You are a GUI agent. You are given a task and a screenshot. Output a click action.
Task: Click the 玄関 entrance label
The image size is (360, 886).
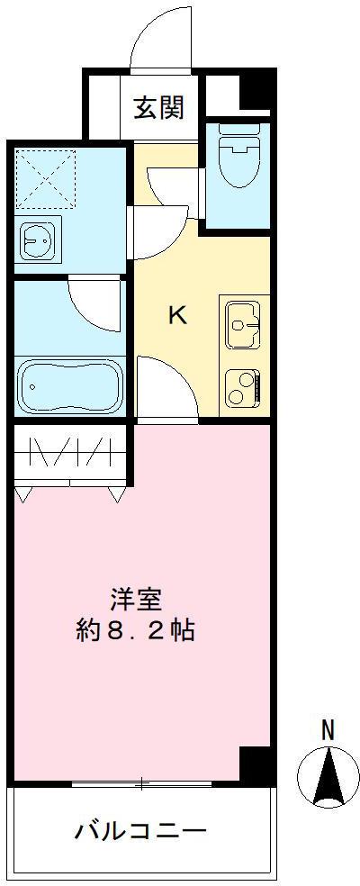(160, 107)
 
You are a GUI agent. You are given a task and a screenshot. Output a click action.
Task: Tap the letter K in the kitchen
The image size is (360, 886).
(177, 315)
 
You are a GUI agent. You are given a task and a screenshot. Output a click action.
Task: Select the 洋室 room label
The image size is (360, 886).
(136, 598)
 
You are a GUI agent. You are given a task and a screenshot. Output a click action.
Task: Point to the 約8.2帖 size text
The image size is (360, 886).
(136, 629)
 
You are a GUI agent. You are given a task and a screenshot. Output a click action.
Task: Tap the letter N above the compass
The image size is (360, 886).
(329, 730)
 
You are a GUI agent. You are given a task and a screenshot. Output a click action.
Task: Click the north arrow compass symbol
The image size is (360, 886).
(329, 776)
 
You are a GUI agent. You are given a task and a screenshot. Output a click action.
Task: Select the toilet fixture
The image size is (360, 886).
(238, 158)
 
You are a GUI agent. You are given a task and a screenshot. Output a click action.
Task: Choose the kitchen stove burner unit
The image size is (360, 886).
(243, 388)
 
